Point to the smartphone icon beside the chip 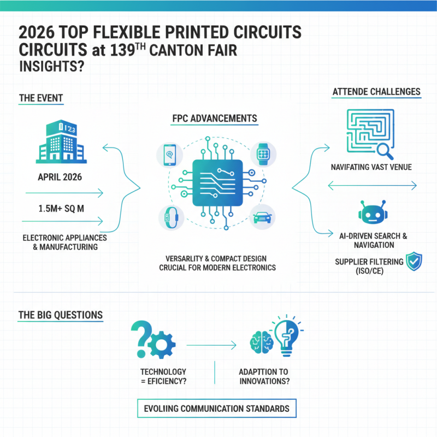pos(169,155)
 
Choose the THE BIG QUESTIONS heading pos(60,315)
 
